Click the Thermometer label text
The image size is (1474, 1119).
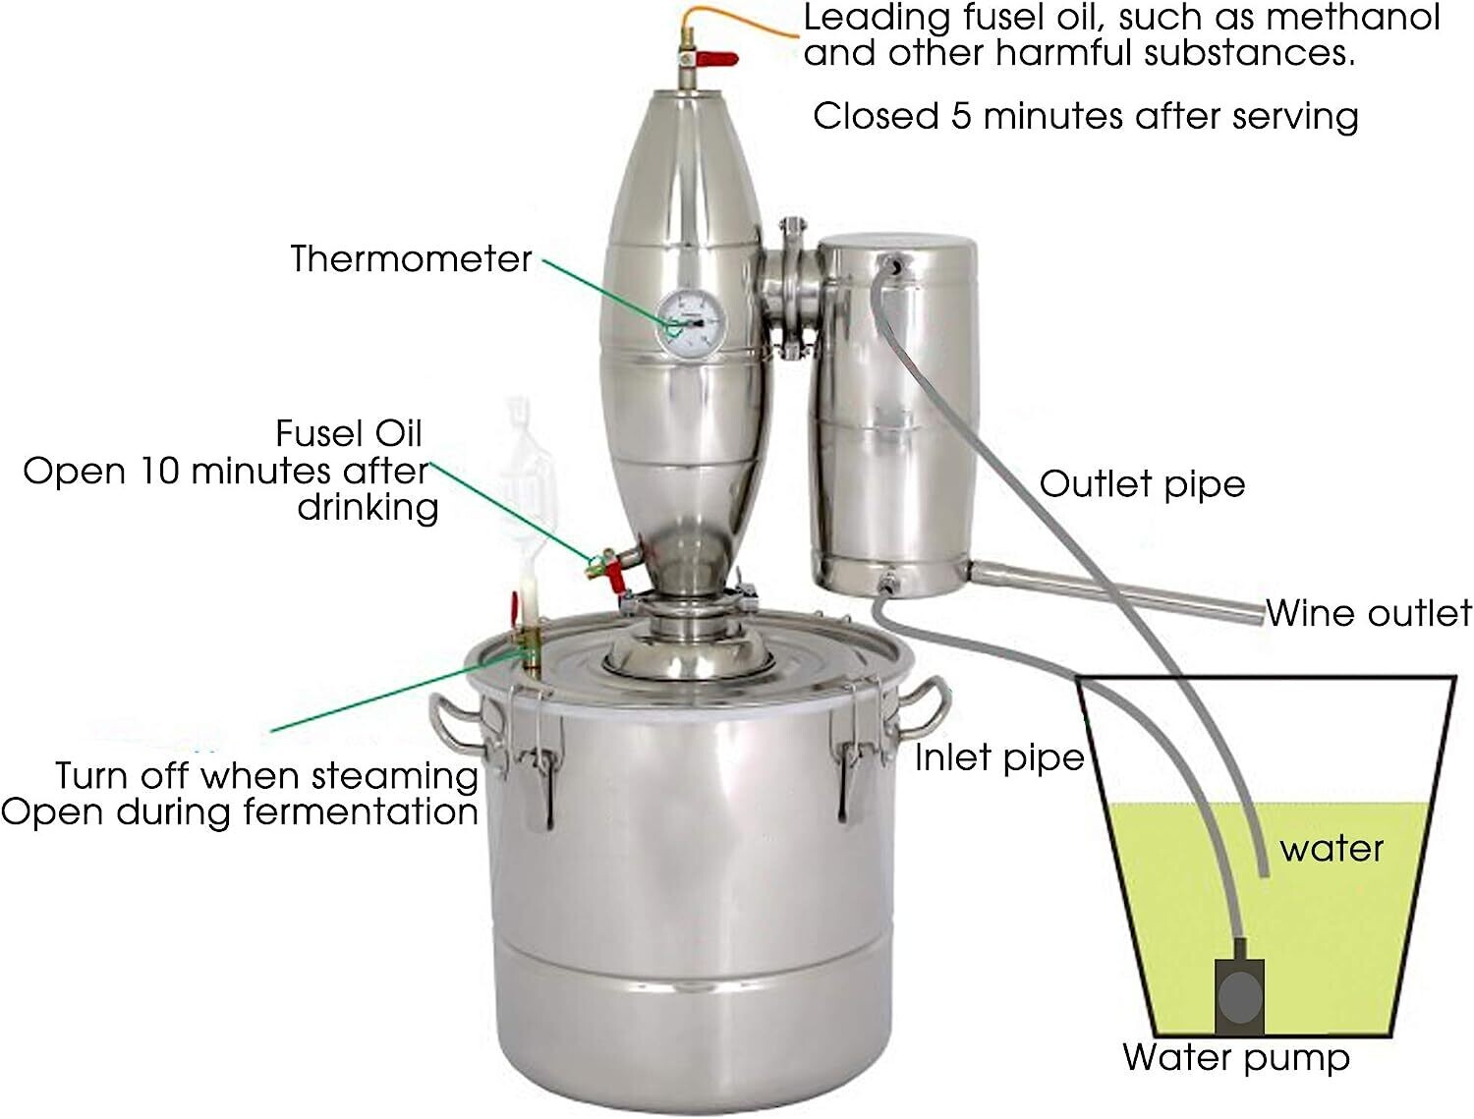point(411,258)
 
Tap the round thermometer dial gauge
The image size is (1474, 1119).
point(691,321)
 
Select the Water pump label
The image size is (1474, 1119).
point(1236,1057)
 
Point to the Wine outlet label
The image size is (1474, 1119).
point(1368,613)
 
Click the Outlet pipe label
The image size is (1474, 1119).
point(1142,483)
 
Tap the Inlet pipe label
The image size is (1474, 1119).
point(998,757)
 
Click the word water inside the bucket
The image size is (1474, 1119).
point(1332,848)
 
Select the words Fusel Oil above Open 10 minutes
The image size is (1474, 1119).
point(348,433)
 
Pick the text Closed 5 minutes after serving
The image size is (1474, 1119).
point(1085,116)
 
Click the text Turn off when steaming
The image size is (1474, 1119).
point(266,775)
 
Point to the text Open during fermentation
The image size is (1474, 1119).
point(240,811)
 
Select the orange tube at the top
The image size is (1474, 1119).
point(747,17)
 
